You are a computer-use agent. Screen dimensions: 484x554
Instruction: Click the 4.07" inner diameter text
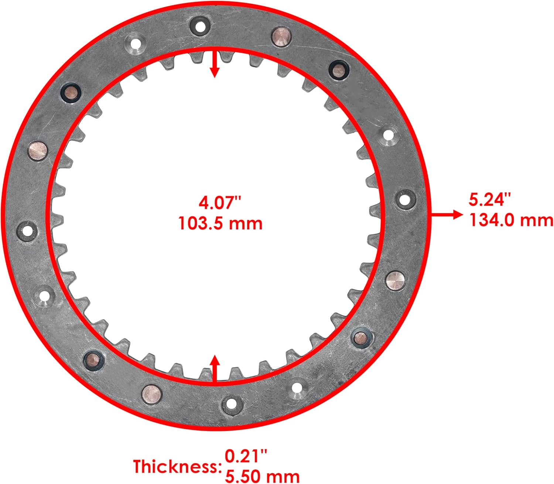tap(220, 203)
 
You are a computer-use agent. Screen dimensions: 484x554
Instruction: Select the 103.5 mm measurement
tap(220, 223)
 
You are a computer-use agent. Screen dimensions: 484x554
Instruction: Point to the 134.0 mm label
tap(511, 220)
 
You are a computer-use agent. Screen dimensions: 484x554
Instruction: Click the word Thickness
tap(176, 467)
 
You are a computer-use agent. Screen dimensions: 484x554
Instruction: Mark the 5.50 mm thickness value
tap(262, 476)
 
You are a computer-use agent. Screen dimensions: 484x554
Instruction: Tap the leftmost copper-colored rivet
tap(38, 150)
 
